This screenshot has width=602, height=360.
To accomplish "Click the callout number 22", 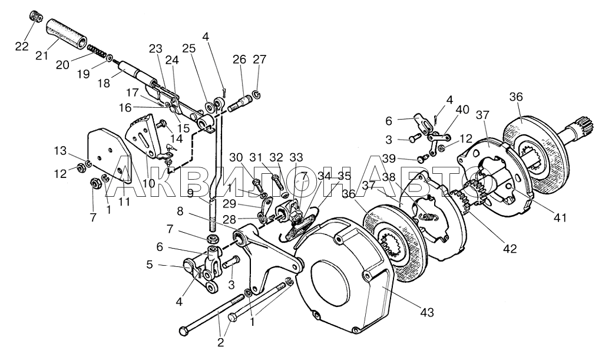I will [21, 46].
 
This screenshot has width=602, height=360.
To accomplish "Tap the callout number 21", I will [42, 57].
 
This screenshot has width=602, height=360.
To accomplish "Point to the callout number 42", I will [510, 248].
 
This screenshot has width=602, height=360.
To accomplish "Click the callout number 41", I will [560, 217].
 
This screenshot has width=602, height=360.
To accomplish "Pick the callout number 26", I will [239, 60].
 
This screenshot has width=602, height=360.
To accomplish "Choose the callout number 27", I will [260, 60].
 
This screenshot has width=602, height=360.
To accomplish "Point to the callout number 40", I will [463, 110].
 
